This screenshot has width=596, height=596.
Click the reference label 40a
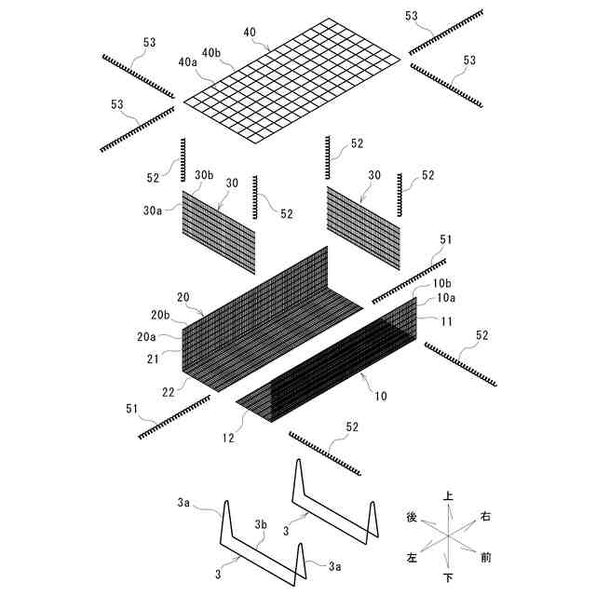point(187,61)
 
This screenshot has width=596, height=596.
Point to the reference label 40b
point(210,52)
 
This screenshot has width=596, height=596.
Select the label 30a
point(154,211)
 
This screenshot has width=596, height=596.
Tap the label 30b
point(204,175)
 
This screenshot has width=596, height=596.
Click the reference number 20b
point(160,315)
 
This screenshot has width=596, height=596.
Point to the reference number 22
point(168,392)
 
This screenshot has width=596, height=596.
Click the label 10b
point(442,282)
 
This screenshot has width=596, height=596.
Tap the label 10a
point(446,298)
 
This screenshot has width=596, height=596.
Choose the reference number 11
point(446,321)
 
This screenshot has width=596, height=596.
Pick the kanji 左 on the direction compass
point(412,557)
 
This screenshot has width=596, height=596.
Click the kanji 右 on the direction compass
point(485,515)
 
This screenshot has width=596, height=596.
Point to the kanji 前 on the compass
point(486,557)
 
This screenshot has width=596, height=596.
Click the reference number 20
point(183,298)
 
